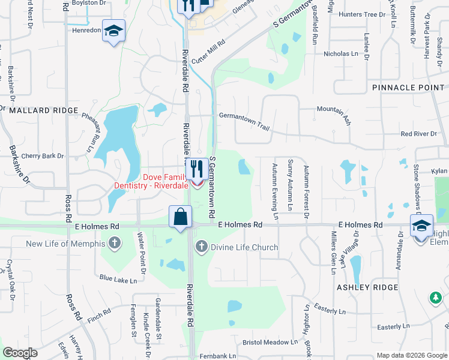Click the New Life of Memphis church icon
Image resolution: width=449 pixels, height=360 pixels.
115,244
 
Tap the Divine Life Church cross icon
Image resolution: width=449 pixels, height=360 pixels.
202,247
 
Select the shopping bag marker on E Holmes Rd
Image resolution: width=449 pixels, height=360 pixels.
180,217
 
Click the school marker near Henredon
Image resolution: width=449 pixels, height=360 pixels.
112,32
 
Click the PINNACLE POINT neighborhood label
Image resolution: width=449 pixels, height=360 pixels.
408,88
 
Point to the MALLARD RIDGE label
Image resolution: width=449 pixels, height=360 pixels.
43,110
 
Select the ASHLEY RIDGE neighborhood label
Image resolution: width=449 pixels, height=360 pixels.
368,287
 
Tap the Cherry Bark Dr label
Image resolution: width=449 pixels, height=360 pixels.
42,156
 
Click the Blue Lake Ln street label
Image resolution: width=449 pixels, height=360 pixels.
119,278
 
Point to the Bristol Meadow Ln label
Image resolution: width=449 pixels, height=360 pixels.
266,343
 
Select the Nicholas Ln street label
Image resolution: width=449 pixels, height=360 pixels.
340,54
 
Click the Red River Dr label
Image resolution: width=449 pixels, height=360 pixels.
419,134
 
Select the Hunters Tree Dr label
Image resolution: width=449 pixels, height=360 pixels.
361,14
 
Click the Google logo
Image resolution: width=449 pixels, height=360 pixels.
20,353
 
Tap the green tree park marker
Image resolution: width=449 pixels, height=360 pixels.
435,298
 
